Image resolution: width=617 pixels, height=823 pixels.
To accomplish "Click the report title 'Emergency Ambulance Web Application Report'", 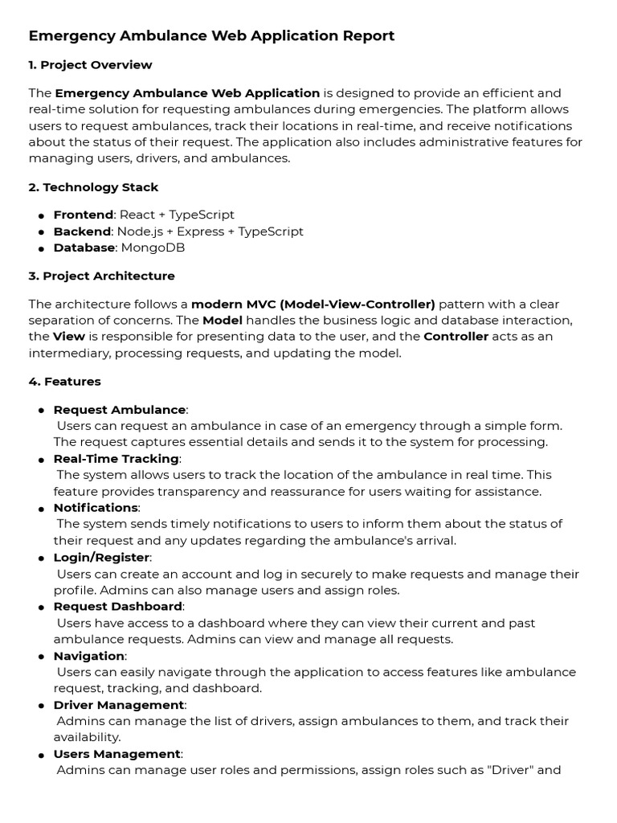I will click(x=211, y=36).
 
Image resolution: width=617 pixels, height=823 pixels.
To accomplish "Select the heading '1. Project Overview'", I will click(x=90, y=65).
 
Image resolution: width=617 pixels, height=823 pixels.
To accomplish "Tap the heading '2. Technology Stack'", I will click(x=93, y=187).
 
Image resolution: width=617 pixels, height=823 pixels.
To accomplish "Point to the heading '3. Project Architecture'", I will click(x=101, y=276).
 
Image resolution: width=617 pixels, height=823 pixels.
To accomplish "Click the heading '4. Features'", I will click(x=64, y=382).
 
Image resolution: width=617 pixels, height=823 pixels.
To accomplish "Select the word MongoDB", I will click(x=153, y=248).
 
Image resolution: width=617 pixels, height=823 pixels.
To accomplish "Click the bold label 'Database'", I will click(x=84, y=248).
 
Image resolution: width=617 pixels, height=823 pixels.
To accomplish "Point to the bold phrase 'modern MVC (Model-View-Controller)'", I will click(x=313, y=304).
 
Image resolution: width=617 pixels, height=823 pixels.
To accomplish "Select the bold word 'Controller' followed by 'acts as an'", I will click(x=456, y=337).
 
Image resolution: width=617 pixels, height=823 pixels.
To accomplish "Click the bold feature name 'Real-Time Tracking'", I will click(x=116, y=458).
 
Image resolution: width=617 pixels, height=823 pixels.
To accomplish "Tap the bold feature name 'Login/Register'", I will click(x=101, y=557).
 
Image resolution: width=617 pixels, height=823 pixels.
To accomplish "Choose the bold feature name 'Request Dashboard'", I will click(x=117, y=606).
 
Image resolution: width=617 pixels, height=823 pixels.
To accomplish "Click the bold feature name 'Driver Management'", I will click(x=119, y=705).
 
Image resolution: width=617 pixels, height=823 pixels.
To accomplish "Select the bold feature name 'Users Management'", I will click(x=116, y=754).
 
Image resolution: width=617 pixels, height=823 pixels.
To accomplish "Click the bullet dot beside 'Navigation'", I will click(x=40, y=657).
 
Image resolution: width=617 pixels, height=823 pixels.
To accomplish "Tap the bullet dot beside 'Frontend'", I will click(x=40, y=215).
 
